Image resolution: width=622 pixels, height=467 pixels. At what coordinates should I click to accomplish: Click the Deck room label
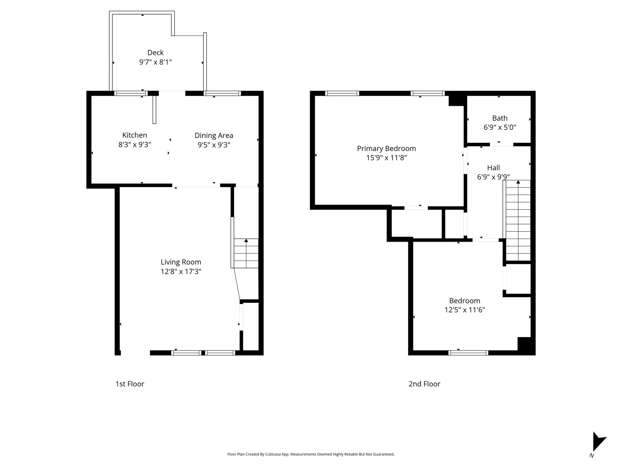point(155,53)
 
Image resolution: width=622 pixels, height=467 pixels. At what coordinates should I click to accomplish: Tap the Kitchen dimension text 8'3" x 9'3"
point(135,145)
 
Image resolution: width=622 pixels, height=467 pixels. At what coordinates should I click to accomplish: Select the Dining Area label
point(214,136)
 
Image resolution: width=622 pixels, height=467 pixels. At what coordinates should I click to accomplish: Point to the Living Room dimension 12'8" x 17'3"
point(181,272)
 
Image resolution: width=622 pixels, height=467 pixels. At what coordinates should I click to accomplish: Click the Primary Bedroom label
point(386,149)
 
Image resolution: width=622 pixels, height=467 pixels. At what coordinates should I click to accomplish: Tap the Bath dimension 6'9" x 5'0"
point(500,127)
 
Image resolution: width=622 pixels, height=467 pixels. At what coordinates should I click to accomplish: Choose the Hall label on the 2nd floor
point(494,168)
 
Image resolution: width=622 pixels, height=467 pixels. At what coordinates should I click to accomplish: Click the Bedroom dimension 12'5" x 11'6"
point(465,310)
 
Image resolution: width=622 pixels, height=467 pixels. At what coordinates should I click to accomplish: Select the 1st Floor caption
point(130,384)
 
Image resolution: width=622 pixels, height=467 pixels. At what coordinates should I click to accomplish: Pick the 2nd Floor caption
point(424,384)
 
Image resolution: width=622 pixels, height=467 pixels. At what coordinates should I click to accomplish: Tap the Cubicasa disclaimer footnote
point(311,454)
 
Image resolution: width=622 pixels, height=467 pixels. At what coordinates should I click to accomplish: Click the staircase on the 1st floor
point(246,253)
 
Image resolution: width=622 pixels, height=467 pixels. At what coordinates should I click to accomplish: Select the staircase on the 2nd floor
point(518,221)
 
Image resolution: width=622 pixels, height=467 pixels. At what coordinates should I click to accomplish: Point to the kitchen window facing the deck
point(131,93)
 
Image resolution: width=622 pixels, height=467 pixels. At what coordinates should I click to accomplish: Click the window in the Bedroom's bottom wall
point(468,353)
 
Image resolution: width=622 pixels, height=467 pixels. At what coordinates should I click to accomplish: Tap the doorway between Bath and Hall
point(501,145)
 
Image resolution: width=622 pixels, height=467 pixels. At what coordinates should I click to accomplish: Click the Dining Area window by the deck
point(222,93)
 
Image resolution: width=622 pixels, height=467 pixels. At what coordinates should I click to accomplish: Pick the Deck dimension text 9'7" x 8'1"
point(155,62)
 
